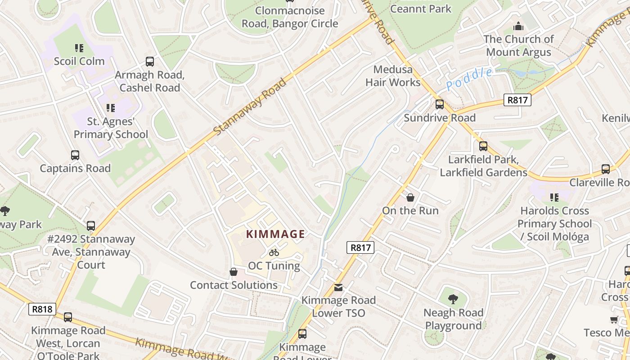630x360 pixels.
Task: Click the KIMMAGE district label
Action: [x=276, y=234]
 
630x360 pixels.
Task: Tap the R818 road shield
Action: [x=43, y=309]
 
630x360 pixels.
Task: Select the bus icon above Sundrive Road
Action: [x=440, y=104]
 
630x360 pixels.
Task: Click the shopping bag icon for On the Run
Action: [x=410, y=197]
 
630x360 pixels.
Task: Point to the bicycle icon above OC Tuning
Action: [x=274, y=252]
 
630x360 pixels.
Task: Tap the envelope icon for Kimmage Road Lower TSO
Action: [x=338, y=287]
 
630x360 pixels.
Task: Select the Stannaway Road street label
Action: [x=250, y=107]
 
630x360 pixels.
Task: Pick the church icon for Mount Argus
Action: [x=518, y=26]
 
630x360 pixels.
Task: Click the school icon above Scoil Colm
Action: [x=79, y=48]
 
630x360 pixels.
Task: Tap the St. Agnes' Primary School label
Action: [x=111, y=128]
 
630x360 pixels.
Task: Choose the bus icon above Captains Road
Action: [x=75, y=155]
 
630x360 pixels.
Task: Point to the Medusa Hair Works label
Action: [x=393, y=76]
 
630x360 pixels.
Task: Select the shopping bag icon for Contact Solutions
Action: [x=234, y=272]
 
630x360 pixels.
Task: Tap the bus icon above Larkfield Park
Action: [x=483, y=146]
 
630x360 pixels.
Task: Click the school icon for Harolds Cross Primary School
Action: [x=554, y=197]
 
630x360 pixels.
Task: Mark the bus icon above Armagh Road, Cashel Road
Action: [x=150, y=62]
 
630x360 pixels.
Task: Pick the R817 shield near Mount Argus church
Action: [x=517, y=100]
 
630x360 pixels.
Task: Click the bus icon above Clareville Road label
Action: [x=606, y=169]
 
